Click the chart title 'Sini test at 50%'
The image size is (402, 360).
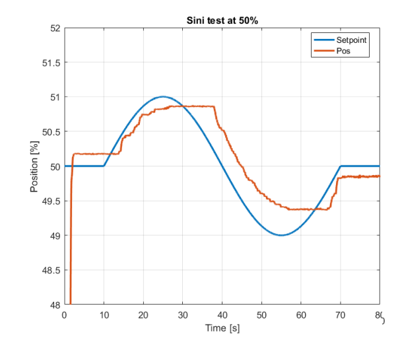[x=221, y=20]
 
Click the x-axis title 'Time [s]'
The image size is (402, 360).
[x=222, y=328]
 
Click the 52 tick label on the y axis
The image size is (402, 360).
[x=54, y=28]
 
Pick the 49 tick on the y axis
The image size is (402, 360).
[x=54, y=236]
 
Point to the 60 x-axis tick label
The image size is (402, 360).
[x=301, y=315]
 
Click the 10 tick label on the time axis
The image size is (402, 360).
[x=104, y=315]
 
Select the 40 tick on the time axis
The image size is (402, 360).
[x=222, y=315]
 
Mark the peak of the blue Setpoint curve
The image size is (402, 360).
[x=163, y=96]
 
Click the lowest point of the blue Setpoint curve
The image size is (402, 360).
[x=281, y=235]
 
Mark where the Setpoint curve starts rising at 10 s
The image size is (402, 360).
[x=104, y=166]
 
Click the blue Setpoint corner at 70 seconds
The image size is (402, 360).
[x=341, y=166]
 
